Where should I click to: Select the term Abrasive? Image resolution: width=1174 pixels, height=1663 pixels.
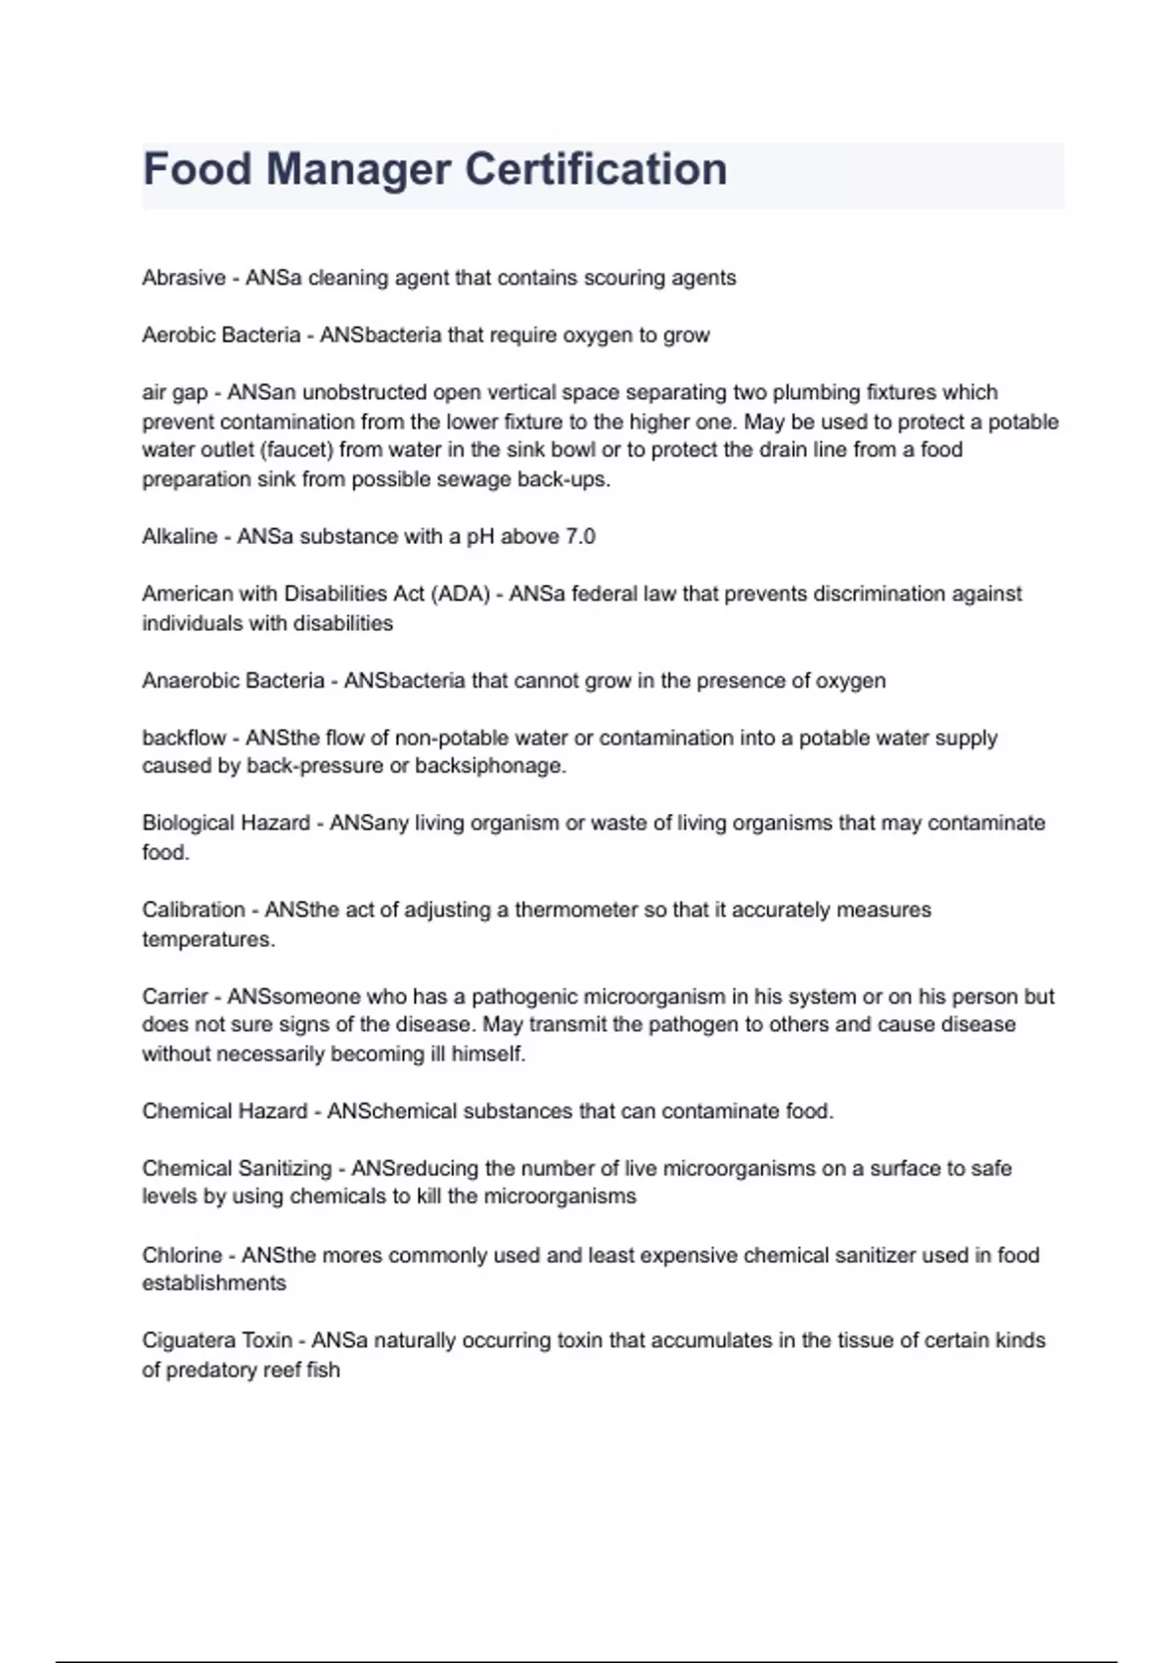pyautogui.click(x=184, y=278)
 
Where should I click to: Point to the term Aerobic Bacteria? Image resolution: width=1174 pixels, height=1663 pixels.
pyautogui.click(x=221, y=336)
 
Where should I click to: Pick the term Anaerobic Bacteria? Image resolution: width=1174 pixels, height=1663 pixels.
pyautogui.click(x=233, y=681)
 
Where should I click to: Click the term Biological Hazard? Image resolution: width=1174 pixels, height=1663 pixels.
pyautogui.click(x=226, y=824)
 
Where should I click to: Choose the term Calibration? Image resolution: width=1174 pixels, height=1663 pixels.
pyautogui.click(x=194, y=910)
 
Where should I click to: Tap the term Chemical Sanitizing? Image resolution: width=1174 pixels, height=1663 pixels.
pyautogui.click(x=237, y=1169)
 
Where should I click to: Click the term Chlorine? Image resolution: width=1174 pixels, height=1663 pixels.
pyautogui.click(x=182, y=1255)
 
